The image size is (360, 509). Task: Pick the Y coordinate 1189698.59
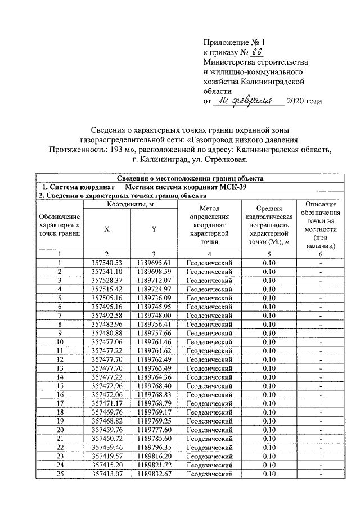(x=154, y=271)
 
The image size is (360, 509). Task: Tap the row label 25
(x=59, y=474)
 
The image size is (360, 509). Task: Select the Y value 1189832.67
(x=154, y=474)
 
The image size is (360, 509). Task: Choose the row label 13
(x=59, y=368)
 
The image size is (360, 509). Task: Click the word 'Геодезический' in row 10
(x=209, y=341)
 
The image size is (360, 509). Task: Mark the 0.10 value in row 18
(x=272, y=412)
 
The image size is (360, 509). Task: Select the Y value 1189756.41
(x=154, y=324)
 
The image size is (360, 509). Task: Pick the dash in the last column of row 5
(x=320, y=298)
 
